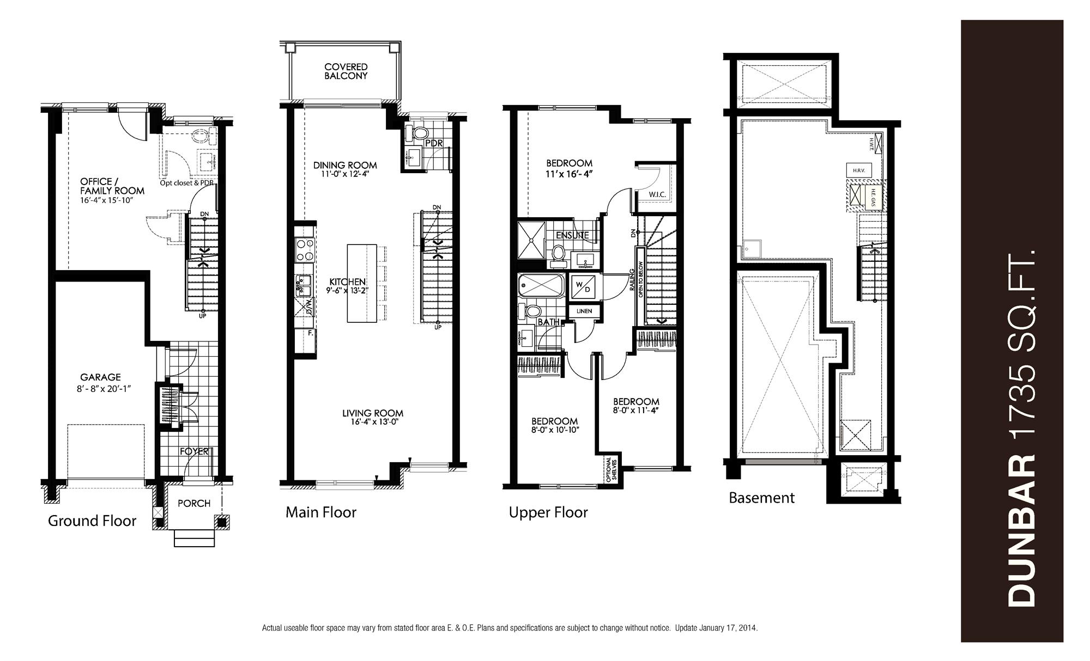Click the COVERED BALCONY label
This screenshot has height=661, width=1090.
(346, 71)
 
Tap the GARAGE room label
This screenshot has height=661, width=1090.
(100, 377)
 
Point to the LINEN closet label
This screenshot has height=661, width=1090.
(584, 311)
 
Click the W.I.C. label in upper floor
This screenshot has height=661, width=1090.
(657, 194)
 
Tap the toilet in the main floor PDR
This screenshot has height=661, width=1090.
(420, 132)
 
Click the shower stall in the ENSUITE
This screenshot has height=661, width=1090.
(531, 240)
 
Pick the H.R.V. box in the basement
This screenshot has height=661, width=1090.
(858, 170)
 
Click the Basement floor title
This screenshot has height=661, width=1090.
(761, 498)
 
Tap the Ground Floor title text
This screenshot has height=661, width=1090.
(92, 521)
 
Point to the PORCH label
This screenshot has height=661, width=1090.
(194, 503)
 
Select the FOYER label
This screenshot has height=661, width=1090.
(194, 451)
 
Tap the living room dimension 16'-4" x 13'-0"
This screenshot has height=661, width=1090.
(372, 421)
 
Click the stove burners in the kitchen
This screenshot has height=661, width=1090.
(304, 250)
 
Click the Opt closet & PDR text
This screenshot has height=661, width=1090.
(186, 183)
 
